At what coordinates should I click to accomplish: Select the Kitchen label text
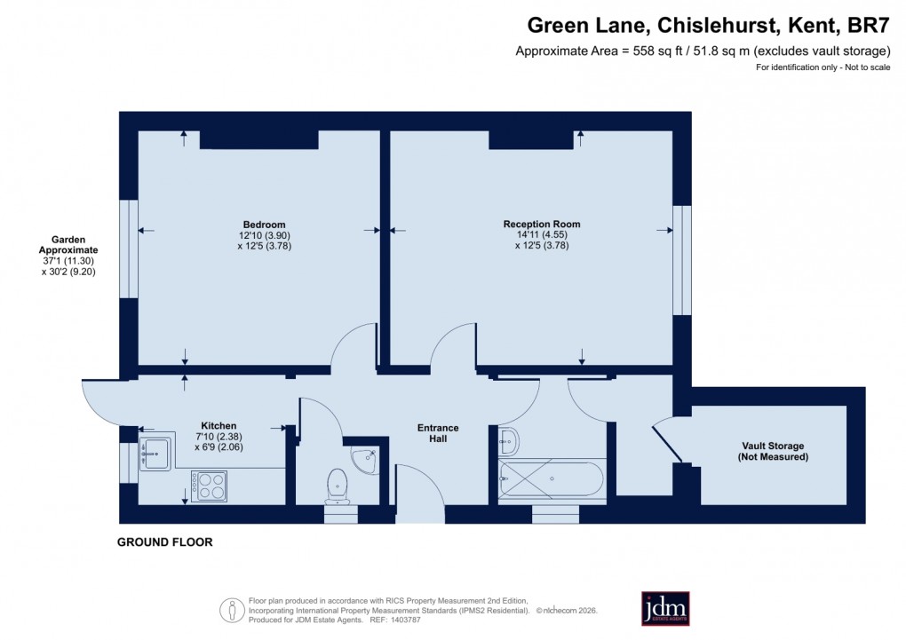pyautogui.click(x=219, y=426)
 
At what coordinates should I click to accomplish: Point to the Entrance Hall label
pyautogui.click(x=438, y=433)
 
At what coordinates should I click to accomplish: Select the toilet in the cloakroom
pyautogui.click(x=338, y=485)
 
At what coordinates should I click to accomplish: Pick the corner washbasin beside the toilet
pyautogui.click(x=366, y=459)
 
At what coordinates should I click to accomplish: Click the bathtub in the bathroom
pyautogui.click(x=552, y=480)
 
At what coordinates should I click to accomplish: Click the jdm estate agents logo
pyautogui.click(x=665, y=608)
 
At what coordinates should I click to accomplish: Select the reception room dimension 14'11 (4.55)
pyautogui.click(x=541, y=235)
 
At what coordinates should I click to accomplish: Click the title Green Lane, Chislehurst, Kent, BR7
pyautogui.click(x=709, y=27)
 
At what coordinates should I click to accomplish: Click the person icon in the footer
pyautogui.click(x=231, y=610)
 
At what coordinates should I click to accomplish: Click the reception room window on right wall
pyautogui.click(x=681, y=260)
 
